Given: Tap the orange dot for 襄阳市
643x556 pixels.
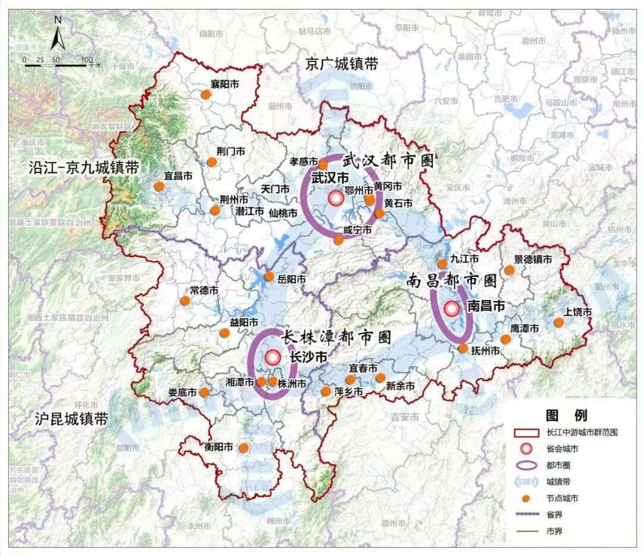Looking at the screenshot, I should pyautogui.click(x=205, y=94).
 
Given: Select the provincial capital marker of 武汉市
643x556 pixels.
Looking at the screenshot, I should pyautogui.click(x=336, y=199).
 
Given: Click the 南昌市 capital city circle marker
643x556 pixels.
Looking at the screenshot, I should pyautogui.click(x=452, y=308).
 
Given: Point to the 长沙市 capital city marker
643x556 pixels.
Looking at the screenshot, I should pyautogui.click(x=273, y=357).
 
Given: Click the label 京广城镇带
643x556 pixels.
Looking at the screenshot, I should pyautogui.click(x=341, y=64).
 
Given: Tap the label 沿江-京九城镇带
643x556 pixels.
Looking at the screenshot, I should pyautogui.click(x=83, y=168).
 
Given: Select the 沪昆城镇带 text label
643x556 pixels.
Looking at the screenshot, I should pyautogui.click(x=63, y=418).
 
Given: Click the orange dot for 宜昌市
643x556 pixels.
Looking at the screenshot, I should pyautogui.click(x=159, y=186).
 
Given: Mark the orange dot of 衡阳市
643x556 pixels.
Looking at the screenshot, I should pyautogui.click(x=243, y=448).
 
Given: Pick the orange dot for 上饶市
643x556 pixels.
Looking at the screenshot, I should pyautogui.click(x=558, y=323).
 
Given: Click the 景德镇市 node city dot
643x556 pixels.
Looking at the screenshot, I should pyautogui.click(x=509, y=270).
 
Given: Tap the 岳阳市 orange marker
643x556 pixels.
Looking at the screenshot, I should pyautogui.click(x=269, y=276).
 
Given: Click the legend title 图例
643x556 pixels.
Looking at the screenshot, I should pyautogui.click(x=566, y=415).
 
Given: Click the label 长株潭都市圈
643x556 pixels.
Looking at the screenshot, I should pyautogui.click(x=336, y=338).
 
